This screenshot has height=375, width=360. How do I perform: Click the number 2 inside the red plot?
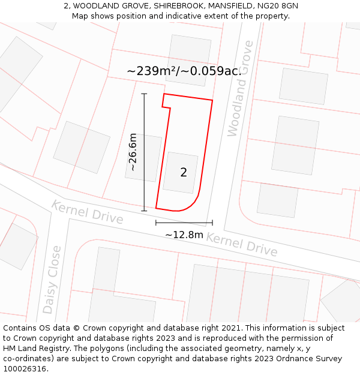click(x=184, y=173)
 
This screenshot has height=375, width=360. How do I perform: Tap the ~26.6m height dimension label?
click(x=133, y=152)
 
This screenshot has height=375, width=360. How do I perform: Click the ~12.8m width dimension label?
click(x=184, y=235)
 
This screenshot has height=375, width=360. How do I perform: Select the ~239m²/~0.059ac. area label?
click(x=184, y=71)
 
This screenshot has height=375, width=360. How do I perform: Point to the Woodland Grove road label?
click(x=241, y=88)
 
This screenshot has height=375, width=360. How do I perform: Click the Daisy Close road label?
click(x=52, y=279)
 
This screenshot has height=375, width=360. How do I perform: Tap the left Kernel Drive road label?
click(x=87, y=212)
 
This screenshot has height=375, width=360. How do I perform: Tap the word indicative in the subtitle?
click(x=185, y=16)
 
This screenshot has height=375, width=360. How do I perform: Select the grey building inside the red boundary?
click(x=181, y=173)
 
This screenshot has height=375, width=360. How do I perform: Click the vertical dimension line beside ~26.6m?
click(x=144, y=180)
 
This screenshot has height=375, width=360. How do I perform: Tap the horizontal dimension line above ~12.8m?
click(x=184, y=223)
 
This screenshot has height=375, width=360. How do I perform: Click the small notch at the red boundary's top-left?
click(x=166, y=103)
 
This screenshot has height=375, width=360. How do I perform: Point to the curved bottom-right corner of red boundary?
click(x=191, y=205)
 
